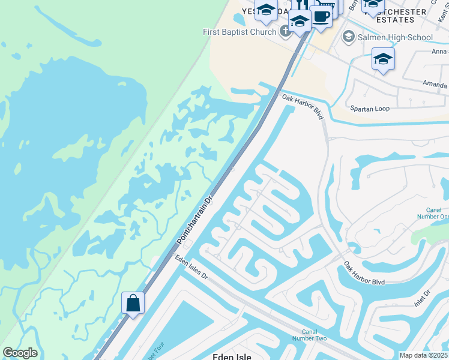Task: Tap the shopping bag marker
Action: (133, 303)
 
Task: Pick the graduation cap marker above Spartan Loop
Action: (383, 59)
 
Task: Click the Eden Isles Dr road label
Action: (191, 268)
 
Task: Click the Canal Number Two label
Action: (314, 335)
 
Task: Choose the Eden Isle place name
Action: (232, 356)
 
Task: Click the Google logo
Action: (20, 353)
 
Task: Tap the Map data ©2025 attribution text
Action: (423, 355)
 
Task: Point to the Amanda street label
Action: (435, 84)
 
